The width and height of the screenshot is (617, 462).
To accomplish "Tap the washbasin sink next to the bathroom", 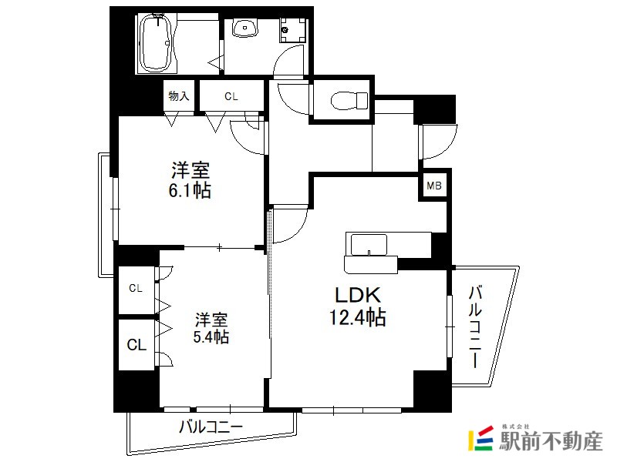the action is [x=245, y=28].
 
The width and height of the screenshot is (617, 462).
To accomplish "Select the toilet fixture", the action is [x=349, y=101].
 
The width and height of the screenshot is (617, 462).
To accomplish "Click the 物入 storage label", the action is [x=179, y=95].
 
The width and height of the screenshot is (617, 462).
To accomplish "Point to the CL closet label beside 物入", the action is [x=231, y=96].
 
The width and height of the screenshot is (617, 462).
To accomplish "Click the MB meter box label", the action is [x=434, y=186].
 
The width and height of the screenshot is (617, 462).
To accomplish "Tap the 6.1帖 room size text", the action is [x=190, y=190].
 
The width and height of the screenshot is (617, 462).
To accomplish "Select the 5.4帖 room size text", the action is [x=211, y=337].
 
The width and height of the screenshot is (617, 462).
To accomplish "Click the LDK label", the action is [x=358, y=295].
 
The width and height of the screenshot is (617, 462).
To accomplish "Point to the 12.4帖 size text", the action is [x=357, y=317].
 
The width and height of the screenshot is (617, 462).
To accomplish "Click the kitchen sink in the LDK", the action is [x=369, y=245].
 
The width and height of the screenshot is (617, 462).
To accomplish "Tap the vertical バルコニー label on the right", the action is [x=475, y=327].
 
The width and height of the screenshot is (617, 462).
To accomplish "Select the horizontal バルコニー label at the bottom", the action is [x=211, y=427].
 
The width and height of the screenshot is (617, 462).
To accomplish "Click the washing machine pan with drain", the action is [x=293, y=30].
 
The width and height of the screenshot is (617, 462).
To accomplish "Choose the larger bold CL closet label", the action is [x=137, y=345].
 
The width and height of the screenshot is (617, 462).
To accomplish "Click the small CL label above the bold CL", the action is [x=136, y=288].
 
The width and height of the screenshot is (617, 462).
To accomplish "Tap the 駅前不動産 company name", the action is [x=551, y=441].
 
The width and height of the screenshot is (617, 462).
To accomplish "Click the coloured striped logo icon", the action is [x=480, y=438].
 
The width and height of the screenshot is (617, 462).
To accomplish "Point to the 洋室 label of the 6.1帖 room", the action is [x=190, y=171].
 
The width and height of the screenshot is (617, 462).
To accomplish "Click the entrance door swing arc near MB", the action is [x=438, y=142].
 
